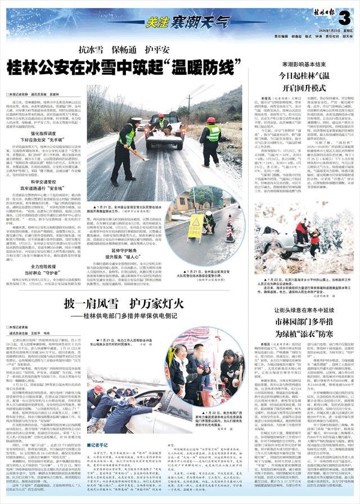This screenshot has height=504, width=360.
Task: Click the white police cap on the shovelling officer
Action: tap(136, 120)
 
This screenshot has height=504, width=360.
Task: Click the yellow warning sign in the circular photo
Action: tap(196, 224)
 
